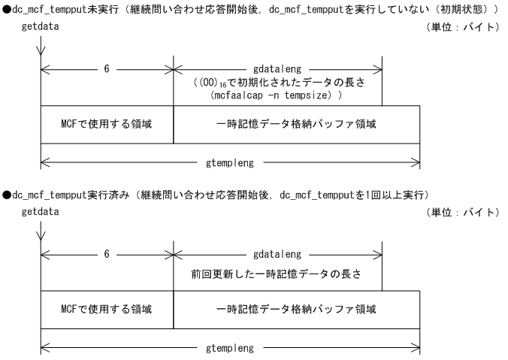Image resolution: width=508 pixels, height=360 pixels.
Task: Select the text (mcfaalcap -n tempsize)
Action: click(x=277, y=97)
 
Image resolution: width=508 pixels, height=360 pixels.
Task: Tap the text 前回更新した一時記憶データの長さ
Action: click(x=277, y=273)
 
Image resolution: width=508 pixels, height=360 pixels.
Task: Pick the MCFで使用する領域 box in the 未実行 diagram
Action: click(x=107, y=123)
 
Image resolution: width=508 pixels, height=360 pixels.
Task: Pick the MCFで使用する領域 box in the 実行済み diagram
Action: click(x=107, y=310)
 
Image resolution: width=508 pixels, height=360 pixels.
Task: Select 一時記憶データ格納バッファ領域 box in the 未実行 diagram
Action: click(x=297, y=123)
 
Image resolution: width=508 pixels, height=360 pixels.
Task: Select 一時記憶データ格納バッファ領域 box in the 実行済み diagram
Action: click(x=297, y=310)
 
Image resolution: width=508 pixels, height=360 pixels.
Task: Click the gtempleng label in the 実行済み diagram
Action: click(x=230, y=347)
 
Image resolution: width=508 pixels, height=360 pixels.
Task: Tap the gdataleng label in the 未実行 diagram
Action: click(x=277, y=68)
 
